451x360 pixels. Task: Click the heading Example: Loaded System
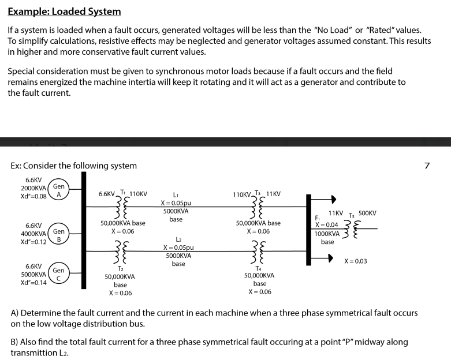[64, 12]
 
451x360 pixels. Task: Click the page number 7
[427, 166]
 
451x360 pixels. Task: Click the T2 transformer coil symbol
[121, 252]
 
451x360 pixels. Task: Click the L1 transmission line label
[176, 195]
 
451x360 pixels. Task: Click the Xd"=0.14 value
[33, 283]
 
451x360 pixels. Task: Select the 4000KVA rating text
[33, 234]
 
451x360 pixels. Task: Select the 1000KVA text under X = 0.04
[327, 234]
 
